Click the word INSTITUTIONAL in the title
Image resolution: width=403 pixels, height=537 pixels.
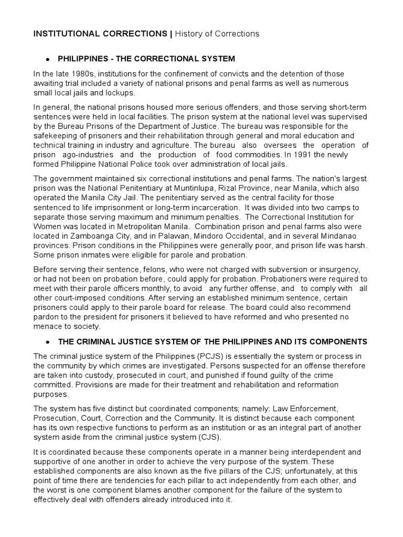pos(65,34)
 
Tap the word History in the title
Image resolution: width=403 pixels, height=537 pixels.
pos(188,34)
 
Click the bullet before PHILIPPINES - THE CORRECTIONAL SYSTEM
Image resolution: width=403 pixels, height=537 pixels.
pos(48,59)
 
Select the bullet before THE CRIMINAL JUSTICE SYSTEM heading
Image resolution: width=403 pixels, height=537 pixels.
pos(48,342)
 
